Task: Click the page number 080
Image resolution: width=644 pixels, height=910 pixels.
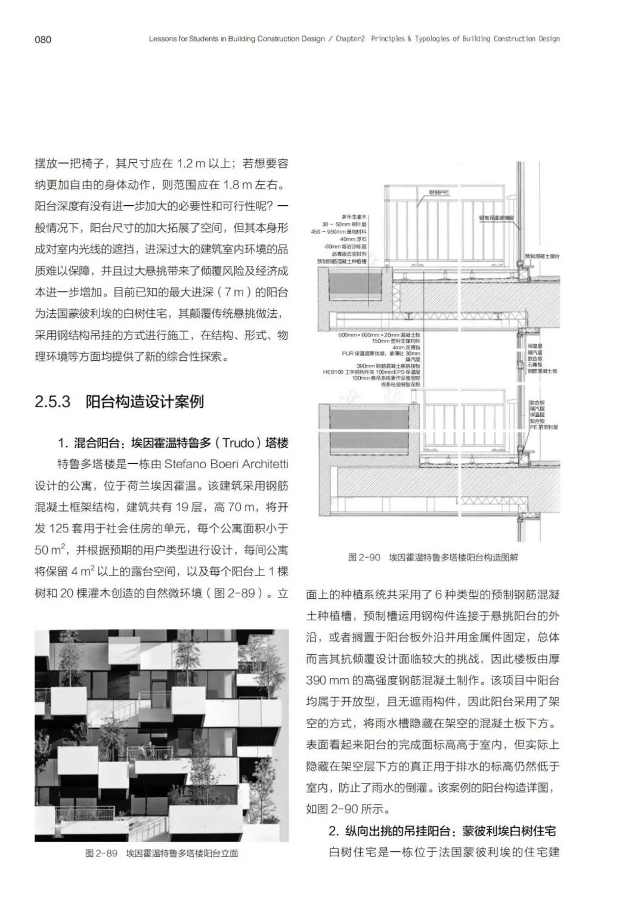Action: pos(43,39)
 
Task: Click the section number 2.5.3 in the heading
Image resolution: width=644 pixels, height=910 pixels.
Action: pos(52,401)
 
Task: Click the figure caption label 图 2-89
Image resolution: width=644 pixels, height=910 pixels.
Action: pos(101,853)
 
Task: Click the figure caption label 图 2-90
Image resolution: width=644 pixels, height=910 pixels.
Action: pos(364,558)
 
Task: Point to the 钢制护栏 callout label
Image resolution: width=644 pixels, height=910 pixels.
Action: pos(439,193)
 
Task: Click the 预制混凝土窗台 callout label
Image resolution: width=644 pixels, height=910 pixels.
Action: pos(542,256)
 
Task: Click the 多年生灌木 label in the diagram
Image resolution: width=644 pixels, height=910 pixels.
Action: pos(354,216)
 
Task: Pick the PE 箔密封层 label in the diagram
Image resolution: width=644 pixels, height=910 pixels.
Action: pos(544,427)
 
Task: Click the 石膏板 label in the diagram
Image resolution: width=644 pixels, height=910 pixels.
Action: pos(535,364)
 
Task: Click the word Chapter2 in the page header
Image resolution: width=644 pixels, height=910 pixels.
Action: pos(349,39)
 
